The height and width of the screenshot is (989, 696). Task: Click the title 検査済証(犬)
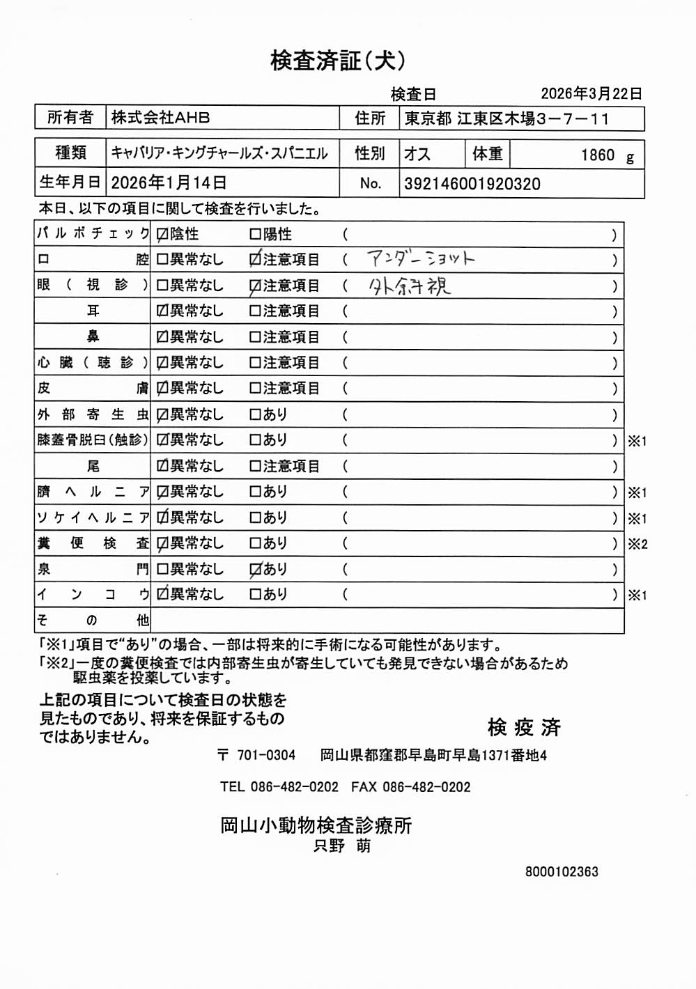[x=338, y=61]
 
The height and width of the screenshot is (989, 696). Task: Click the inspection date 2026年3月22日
[x=591, y=93]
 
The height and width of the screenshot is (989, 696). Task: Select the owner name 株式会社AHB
[x=160, y=118]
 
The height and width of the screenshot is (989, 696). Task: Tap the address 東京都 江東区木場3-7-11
[x=506, y=118]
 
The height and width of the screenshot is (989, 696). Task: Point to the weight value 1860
[x=598, y=155]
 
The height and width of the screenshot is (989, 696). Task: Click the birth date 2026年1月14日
[x=169, y=182]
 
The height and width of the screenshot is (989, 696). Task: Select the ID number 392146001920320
[x=472, y=184]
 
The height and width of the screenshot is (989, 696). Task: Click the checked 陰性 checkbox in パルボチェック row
[x=162, y=235]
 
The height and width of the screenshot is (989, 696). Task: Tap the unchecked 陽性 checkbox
[x=255, y=235]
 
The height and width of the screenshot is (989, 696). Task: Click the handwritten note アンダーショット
[x=421, y=259]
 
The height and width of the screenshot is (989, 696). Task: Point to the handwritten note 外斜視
[x=410, y=286]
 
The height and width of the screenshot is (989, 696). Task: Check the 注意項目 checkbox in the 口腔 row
[x=255, y=260]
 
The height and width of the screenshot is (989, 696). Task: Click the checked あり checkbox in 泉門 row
[x=255, y=570]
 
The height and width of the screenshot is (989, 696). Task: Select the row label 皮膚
[x=92, y=389]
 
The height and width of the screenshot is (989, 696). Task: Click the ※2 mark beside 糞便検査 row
[x=637, y=544]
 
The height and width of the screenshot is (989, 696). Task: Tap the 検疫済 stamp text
[x=524, y=727]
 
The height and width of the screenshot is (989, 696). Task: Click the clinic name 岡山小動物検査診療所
[x=316, y=825]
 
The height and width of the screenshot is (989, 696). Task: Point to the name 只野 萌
[x=342, y=846]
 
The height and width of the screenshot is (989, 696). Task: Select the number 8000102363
[x=562, y=871]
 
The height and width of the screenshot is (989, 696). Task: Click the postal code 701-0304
[x=265, y=755]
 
